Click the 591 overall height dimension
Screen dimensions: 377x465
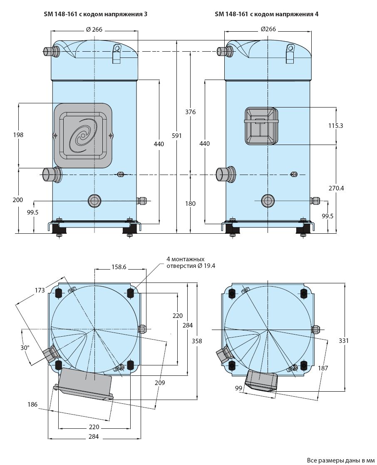176,136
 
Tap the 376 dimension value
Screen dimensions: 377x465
191,112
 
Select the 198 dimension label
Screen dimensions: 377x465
18,135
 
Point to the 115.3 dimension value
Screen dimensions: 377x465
335,126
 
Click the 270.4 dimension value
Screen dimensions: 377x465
336,188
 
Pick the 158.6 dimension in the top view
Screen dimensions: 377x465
119,267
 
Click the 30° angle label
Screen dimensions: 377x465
25,347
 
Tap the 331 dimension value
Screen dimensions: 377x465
344,341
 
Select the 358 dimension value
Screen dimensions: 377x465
197,341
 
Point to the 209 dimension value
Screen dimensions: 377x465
160,383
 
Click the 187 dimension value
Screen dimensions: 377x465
323,368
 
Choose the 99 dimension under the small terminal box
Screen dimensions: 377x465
239,388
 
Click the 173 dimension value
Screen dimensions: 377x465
40,290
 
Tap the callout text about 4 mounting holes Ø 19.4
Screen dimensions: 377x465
191,262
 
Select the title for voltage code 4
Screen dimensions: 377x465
267,14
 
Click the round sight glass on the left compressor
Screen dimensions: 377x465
94,201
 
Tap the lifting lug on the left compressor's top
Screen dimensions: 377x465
117,53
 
